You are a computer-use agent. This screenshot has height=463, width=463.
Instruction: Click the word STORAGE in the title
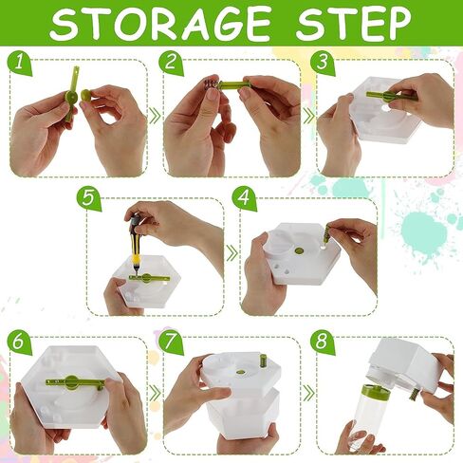(160, 23)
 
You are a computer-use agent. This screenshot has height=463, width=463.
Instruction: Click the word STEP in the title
(353, 23)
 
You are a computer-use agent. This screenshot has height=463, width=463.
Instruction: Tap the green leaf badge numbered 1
(20, 63)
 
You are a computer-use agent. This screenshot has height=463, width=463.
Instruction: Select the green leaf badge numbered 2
(171, 63)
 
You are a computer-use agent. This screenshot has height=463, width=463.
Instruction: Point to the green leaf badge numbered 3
(323, 63)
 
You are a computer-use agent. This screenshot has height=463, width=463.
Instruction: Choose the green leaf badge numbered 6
(20, 343)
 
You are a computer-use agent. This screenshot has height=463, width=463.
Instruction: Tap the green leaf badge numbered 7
(171, 343)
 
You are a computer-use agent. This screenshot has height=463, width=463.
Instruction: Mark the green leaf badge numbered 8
(323, 343)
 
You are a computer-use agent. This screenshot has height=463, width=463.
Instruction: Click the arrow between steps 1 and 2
(155, 116)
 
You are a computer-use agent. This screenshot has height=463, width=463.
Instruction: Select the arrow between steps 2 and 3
(308, 116)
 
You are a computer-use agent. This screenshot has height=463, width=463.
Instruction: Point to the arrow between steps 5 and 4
(232, 252)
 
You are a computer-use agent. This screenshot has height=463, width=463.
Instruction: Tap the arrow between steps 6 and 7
(155, 393)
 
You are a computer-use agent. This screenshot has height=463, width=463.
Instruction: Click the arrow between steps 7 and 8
(308, 393)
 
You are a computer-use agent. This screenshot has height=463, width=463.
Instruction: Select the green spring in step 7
(262, 361)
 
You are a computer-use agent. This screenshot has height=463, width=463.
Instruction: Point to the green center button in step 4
(299, 251)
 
